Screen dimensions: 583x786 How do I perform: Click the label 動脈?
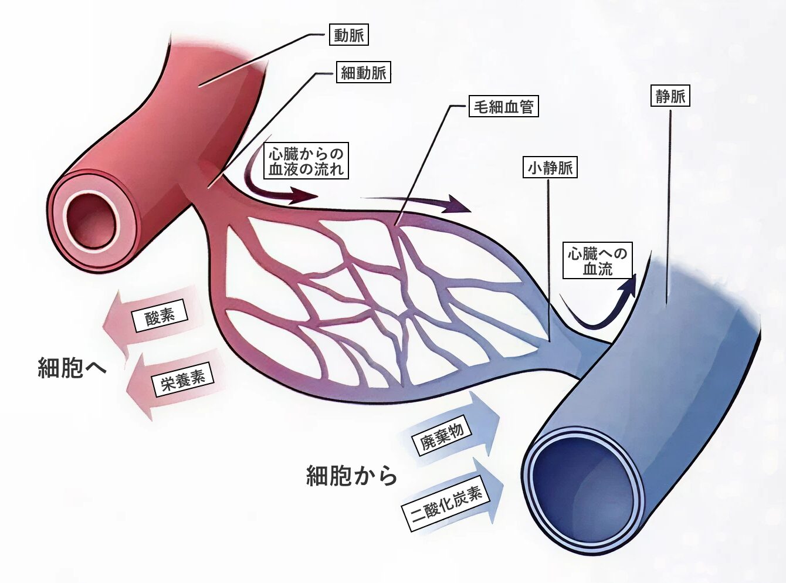pos(349,35)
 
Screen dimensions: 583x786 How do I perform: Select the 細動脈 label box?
pos(364,73)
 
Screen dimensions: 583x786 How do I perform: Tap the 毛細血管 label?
pos(503,107)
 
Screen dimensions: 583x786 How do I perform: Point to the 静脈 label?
pos(670,96)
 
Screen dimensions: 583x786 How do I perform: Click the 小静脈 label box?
pos(550,168)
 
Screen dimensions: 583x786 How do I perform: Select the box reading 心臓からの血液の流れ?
pos(306,161)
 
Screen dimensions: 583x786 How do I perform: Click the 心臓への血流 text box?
pos(597,261)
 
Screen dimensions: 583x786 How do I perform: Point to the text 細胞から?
pos(351,475)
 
